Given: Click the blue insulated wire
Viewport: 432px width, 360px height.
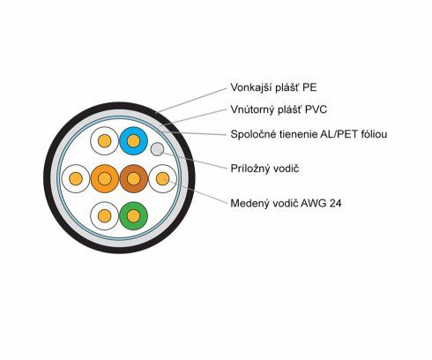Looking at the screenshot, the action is (133, 141).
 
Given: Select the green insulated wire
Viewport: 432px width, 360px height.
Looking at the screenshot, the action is (133, 216).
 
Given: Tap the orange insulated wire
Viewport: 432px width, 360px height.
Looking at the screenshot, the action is (105, 178).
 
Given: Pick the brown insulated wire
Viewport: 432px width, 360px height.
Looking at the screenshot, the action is (133, 178).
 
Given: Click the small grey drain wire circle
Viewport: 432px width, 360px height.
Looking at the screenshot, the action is (157, 149).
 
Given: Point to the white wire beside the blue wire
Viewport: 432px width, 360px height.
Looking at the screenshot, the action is (105, 141).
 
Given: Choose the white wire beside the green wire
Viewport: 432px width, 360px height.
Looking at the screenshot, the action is (105, 216).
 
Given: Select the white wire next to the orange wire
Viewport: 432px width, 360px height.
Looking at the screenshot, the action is (76, 178).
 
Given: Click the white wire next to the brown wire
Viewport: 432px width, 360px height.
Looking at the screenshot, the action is (162, 178).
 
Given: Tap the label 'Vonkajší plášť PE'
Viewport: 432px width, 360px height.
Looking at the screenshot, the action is (273, 87).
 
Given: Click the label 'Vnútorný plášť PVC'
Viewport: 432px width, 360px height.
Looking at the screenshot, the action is (279, 109).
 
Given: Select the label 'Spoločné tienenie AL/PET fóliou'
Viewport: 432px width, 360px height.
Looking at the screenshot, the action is (309, 134).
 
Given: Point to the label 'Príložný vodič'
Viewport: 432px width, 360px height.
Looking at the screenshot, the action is (264, 169).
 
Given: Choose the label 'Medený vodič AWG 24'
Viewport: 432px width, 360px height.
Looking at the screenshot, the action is (286, 203).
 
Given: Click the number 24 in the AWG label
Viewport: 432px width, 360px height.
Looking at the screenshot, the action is (335, 203).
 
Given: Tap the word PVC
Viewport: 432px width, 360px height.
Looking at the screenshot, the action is (316, 109).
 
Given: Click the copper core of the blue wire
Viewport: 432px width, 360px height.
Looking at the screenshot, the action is (133, 141).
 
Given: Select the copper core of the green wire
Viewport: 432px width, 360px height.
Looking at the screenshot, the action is (133, 216).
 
